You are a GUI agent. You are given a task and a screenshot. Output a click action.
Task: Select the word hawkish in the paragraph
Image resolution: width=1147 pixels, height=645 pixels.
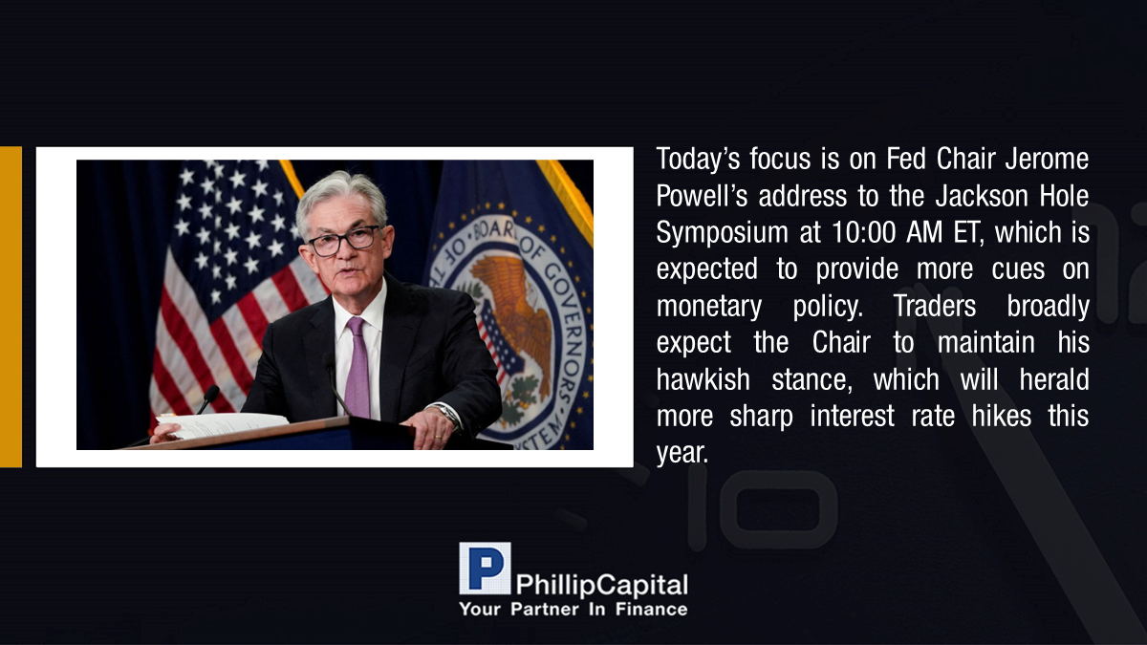pyautogui.click(x=703, y=379)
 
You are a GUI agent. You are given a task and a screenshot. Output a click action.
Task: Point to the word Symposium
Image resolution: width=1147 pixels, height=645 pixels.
pyautogui.click(x=722, y=233)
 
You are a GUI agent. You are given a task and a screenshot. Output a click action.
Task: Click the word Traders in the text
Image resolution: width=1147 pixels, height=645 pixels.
pyautogui.click(x=935, y=306)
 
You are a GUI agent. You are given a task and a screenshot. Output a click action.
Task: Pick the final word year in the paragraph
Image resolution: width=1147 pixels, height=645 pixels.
pyautogui.click(x=682, y=454)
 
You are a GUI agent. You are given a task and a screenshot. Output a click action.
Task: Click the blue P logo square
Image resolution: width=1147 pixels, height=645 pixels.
pyautogui.click(x=485, y=569)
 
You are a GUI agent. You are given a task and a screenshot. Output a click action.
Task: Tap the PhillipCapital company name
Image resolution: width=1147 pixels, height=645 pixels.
pyautogui.click(x=601, y=585)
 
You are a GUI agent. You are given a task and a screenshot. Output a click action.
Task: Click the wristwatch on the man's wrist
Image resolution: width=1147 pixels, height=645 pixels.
pyautogui.click(x=447, y=413)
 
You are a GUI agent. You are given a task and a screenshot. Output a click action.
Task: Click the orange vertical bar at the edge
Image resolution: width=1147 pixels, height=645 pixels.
pyautogui.click(x=11, y=307)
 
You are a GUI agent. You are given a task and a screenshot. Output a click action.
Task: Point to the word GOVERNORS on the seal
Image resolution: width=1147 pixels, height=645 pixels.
pyautogui.click(x=562, y=328)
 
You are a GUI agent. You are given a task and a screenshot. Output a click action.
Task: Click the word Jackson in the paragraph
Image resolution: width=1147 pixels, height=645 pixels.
pyautogui.click(x=982, y=196)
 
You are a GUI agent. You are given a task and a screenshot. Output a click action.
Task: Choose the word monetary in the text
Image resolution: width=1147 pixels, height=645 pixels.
pyautogui.click(x=709, y=307)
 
